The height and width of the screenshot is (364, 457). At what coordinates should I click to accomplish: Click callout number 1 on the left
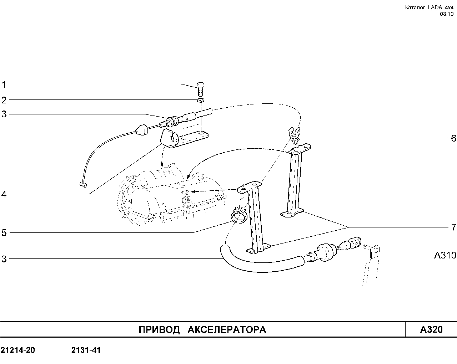pos(4,84)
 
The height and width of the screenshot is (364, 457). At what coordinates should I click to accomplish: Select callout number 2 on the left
pos(4,100)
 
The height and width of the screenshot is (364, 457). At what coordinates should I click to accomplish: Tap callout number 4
pos(4,194)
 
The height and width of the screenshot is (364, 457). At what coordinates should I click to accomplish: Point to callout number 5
pos(4,233)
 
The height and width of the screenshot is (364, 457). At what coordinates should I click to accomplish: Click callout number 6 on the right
pos(453,138)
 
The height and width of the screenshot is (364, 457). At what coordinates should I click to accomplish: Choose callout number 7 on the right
pos(453,227)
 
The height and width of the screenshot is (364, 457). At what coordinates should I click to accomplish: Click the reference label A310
pos(445,255)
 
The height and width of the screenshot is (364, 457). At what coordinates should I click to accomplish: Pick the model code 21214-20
pos(18,350)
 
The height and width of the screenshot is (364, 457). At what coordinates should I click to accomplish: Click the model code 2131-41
pos(86,350)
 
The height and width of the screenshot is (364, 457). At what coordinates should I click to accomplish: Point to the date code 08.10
pos(447,14)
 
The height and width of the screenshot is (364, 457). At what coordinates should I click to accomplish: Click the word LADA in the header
pos(435,7)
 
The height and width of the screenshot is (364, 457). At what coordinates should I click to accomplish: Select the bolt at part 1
pos(200,89)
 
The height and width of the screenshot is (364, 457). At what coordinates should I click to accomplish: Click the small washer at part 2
pos(200,100)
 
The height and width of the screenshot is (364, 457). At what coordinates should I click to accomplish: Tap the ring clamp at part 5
pos(238,216)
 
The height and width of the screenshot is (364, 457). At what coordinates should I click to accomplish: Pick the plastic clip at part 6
pos(294,135)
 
